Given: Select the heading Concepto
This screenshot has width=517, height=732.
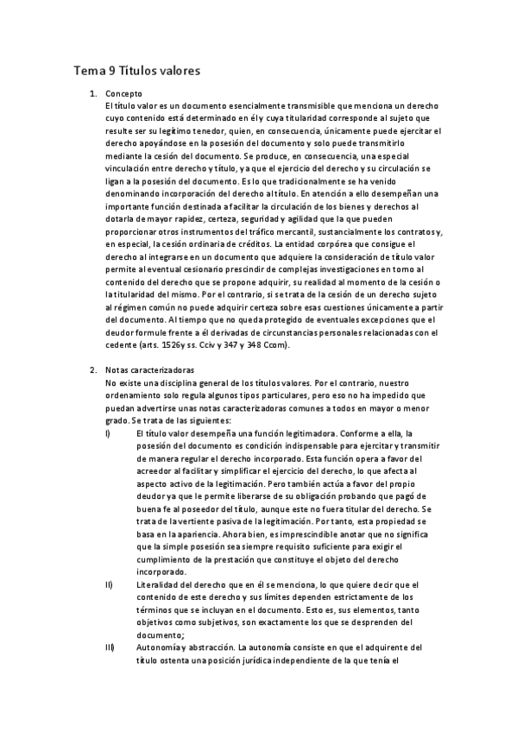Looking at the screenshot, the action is coord(123,92).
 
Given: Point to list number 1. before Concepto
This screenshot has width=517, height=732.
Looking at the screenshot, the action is coord(93,92).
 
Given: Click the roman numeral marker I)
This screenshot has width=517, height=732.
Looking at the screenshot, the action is coord(107,432).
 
